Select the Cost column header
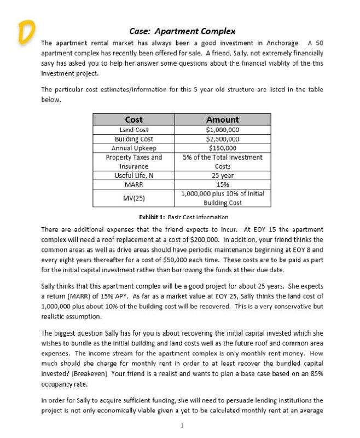point(134,119)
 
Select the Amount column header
point(222,119)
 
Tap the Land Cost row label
point(134,130)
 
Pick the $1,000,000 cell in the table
point(222,130)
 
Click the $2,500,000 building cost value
point(222,139)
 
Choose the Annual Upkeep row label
point(134,148)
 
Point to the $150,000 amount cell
point(222,148)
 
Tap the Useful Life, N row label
point(134,175)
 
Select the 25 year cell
point(222,175)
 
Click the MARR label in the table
point(134,185)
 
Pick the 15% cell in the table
point(222,185)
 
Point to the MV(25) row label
point(134,198)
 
